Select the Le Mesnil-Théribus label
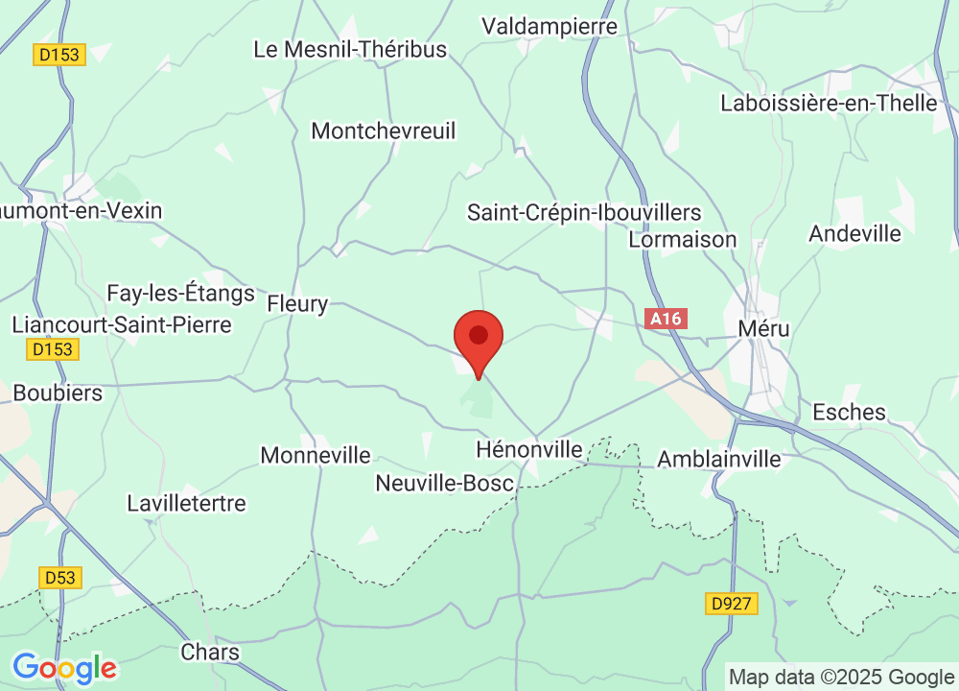[350, 49]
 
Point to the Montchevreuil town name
[384, 131]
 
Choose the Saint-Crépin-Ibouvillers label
[584, 212]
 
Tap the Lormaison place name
[683, 239]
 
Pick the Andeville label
[854, 233]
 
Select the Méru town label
[764, 329]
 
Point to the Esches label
[849, 412]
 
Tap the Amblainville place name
[719, 460]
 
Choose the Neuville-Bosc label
[445, 483]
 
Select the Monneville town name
[316, 455]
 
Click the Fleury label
[297, 304]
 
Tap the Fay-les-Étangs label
[180, 293]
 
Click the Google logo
[64, 666]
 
